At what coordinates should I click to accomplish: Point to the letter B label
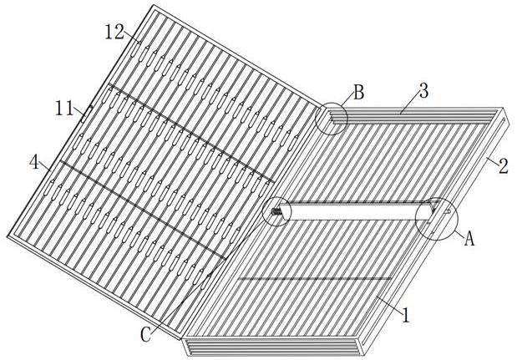click(357, 93)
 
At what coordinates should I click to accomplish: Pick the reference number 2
click(502, 164)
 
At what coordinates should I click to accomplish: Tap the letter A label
click(469, 239)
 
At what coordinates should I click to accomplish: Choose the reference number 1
click(406, 316)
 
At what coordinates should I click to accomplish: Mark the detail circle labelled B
click(332, 119)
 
